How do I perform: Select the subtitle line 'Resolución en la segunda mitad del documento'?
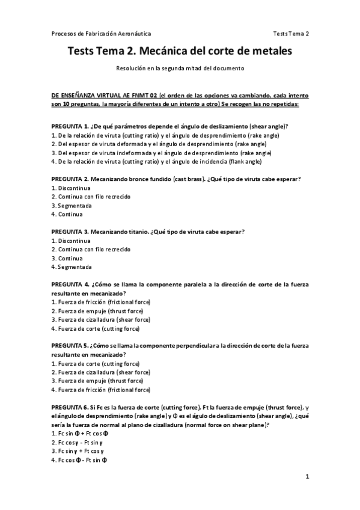point(180,69)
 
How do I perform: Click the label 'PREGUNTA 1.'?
point(70,126)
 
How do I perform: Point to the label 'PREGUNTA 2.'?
point(70,179)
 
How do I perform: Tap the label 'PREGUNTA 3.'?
point(70,232)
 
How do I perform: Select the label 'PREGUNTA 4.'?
point(70,284)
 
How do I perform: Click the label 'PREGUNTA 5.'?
point(70,345)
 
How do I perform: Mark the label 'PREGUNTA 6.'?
point(70,407)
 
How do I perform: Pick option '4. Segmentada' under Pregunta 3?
point(72,266)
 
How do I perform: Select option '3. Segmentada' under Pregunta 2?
point(72,205)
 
